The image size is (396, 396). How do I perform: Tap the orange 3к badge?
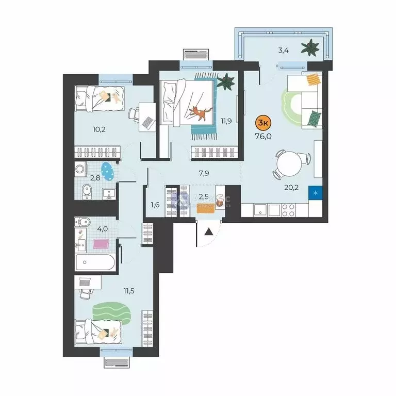tap(263, 123)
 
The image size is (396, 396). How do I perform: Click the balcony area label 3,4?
tap(283, 50)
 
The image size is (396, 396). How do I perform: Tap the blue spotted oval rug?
tap(107, 171)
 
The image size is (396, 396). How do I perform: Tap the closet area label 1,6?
tap(155, 205)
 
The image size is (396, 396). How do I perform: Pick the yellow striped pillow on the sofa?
tap(312, 80)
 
